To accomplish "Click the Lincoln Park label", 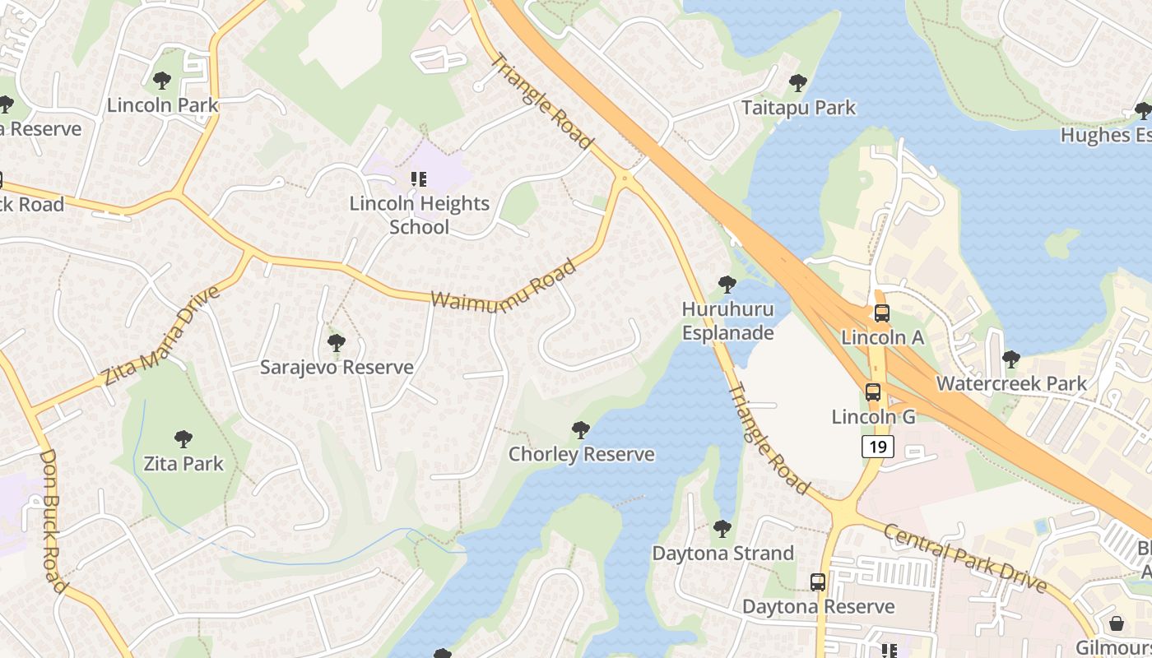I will click(163, 105).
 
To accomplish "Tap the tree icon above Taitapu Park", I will click(797, 83).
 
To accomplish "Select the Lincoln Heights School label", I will click(420, 215).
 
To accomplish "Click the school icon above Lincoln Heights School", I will click(419, 178).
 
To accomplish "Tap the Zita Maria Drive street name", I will click(161, 336).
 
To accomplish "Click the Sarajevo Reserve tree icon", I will click(336, 343).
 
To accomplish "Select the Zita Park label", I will click(183, 464).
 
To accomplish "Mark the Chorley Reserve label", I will click(581, 454).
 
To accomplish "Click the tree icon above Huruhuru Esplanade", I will click(727, 285).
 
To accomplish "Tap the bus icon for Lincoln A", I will click(881, 313).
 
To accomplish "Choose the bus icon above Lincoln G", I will click(873, 392).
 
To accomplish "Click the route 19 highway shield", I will click(878, 447).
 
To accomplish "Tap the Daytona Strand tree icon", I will click(722, 529).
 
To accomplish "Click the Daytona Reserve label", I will click(818, 606).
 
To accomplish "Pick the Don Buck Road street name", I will click(53, 520).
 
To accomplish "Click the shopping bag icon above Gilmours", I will click(1117, 623).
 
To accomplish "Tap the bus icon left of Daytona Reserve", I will click(818, 582).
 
